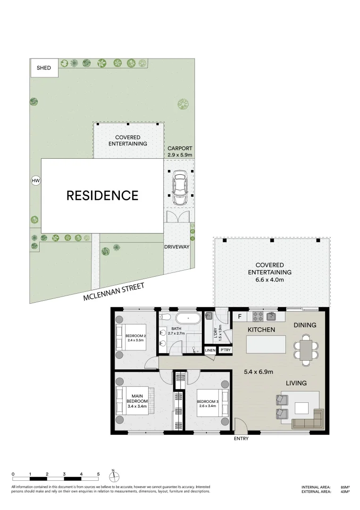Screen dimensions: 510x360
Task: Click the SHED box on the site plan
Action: point(44,68)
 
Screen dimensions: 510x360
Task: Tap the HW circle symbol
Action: point(34,180)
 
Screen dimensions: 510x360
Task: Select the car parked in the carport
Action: point(179,187)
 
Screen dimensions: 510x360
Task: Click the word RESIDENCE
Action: point(102,195)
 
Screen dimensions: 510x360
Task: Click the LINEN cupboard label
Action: point(210,350)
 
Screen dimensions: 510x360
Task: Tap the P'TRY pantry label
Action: point(225,350)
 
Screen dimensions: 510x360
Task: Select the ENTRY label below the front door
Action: point(241,438)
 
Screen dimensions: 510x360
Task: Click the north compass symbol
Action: point(114,476)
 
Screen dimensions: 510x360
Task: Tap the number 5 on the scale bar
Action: point(98,474)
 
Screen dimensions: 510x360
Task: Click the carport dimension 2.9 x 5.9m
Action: point(180,154)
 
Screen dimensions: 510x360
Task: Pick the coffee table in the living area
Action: point(302,407)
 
